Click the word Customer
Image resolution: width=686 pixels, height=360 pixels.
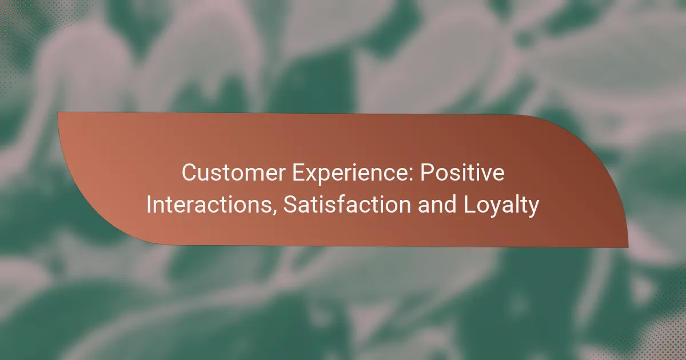pos(234,173)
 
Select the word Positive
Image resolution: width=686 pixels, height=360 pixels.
pos(462,173)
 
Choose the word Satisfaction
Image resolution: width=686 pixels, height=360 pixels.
pos(347,205)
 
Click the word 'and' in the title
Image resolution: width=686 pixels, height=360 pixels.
pos(437,205)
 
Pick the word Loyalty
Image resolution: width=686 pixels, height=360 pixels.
pos(501,206)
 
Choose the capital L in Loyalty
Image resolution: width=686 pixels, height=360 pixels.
pos(470,205)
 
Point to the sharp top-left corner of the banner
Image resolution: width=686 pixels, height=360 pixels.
pos(58,113)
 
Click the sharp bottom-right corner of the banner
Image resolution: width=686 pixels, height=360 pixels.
pos(628,247)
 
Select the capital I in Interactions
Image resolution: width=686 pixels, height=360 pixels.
pos(149,205)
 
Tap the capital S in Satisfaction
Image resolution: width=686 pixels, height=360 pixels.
pos(290,205)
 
